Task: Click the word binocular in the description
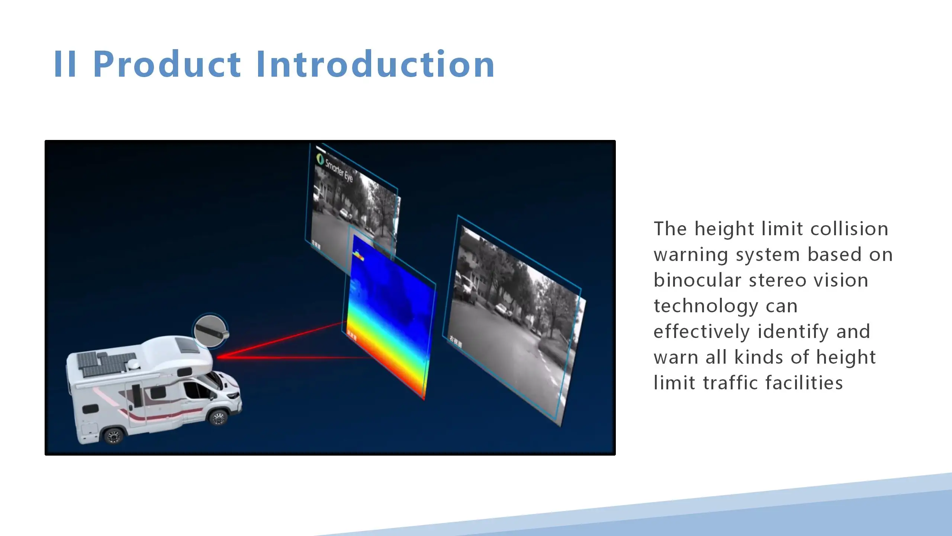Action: pos(697,280)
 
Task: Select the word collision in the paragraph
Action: pos(849,229)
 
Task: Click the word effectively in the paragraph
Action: pos(701,332)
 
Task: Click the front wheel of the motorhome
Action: pos(218,417)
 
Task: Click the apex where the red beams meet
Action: pos(218,357)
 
